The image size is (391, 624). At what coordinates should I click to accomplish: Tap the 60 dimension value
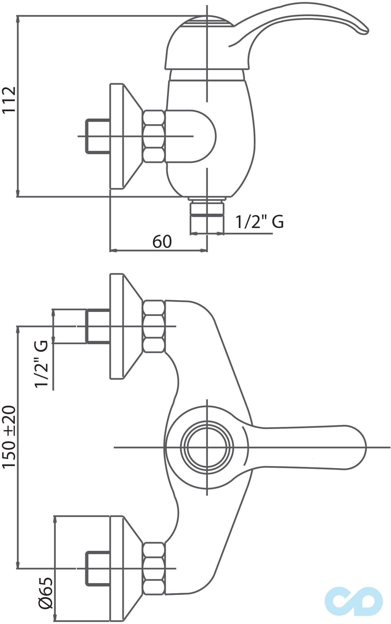[162, 241]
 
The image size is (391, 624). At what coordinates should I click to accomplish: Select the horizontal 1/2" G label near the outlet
[260, 222]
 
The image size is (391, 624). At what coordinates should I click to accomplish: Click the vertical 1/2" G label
[41, 364]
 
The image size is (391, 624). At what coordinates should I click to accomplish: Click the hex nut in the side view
[154, 136]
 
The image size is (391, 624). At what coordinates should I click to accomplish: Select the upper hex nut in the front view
[154, 326]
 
